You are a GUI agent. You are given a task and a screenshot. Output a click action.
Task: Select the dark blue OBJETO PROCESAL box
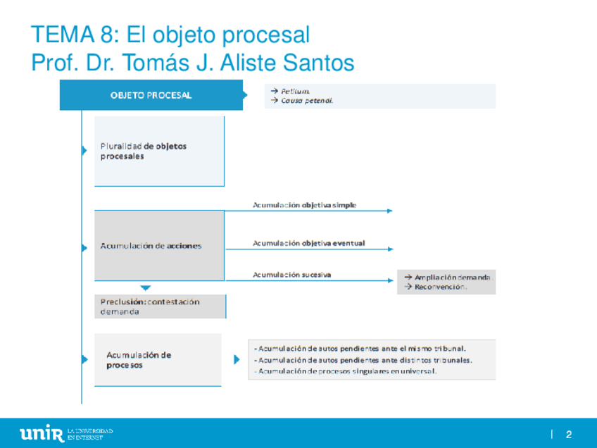(x=151, y=96)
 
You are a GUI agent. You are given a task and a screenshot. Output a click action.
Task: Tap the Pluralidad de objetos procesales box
(x=159, y=151)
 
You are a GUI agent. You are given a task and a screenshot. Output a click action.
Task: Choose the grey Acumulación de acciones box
(x=159, y=246)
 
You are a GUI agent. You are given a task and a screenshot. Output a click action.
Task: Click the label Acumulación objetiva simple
(x=304, y=205)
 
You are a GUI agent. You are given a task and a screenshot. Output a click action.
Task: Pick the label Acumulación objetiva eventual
(x=308, y=243)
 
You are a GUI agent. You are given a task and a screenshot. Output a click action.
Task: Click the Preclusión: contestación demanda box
(x=160, y=306)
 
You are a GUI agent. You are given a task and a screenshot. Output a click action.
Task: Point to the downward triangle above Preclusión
(x=146, y=287)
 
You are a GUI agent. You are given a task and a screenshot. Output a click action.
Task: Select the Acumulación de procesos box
(x=158, y=360)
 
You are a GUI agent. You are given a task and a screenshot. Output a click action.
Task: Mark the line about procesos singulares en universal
(x=345, y=371)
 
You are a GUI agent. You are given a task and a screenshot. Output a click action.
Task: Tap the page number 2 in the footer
(x=568, y=434)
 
